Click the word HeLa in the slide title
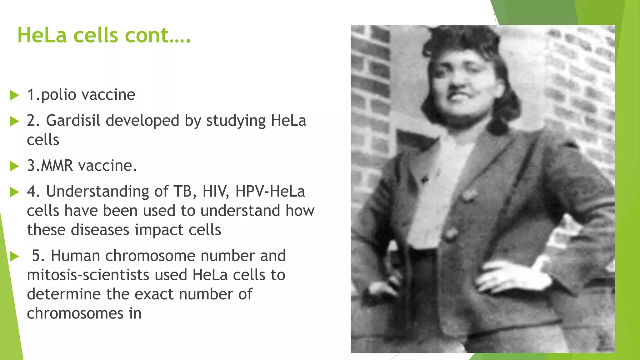pyautogui.click(x=42, y=35)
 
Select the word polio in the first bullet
pyautogui.click(x=59, y=95)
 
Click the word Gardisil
pyautogui.click(x=73, y=121)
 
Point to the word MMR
pyautogui.click(x=57, y=166)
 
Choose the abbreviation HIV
pyautogui.click(x=216, y=191)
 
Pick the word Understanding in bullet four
pyautogui.click(x=97, y=192)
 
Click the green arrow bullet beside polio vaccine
pyautogui.click(x=14, y=95)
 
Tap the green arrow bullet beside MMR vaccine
pyautogui.click(x=14, y=166)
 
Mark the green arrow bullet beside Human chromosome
pyautogui.click(x=14, y=256)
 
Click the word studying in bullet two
pyautogui.click(x=236, y=121)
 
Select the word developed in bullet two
pyautogui.click(x=142, y=121)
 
